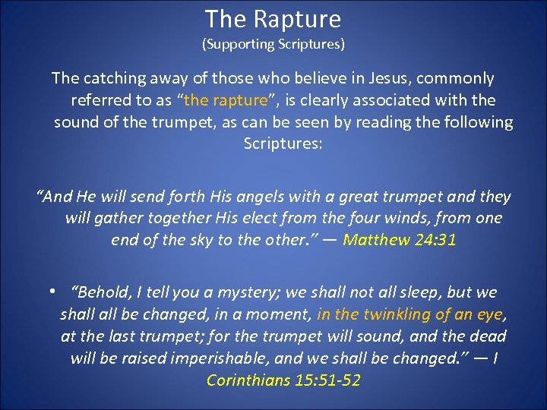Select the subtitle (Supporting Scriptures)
tap(273, 44)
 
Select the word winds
tap(384, 219)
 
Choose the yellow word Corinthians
tap(248, 380)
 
